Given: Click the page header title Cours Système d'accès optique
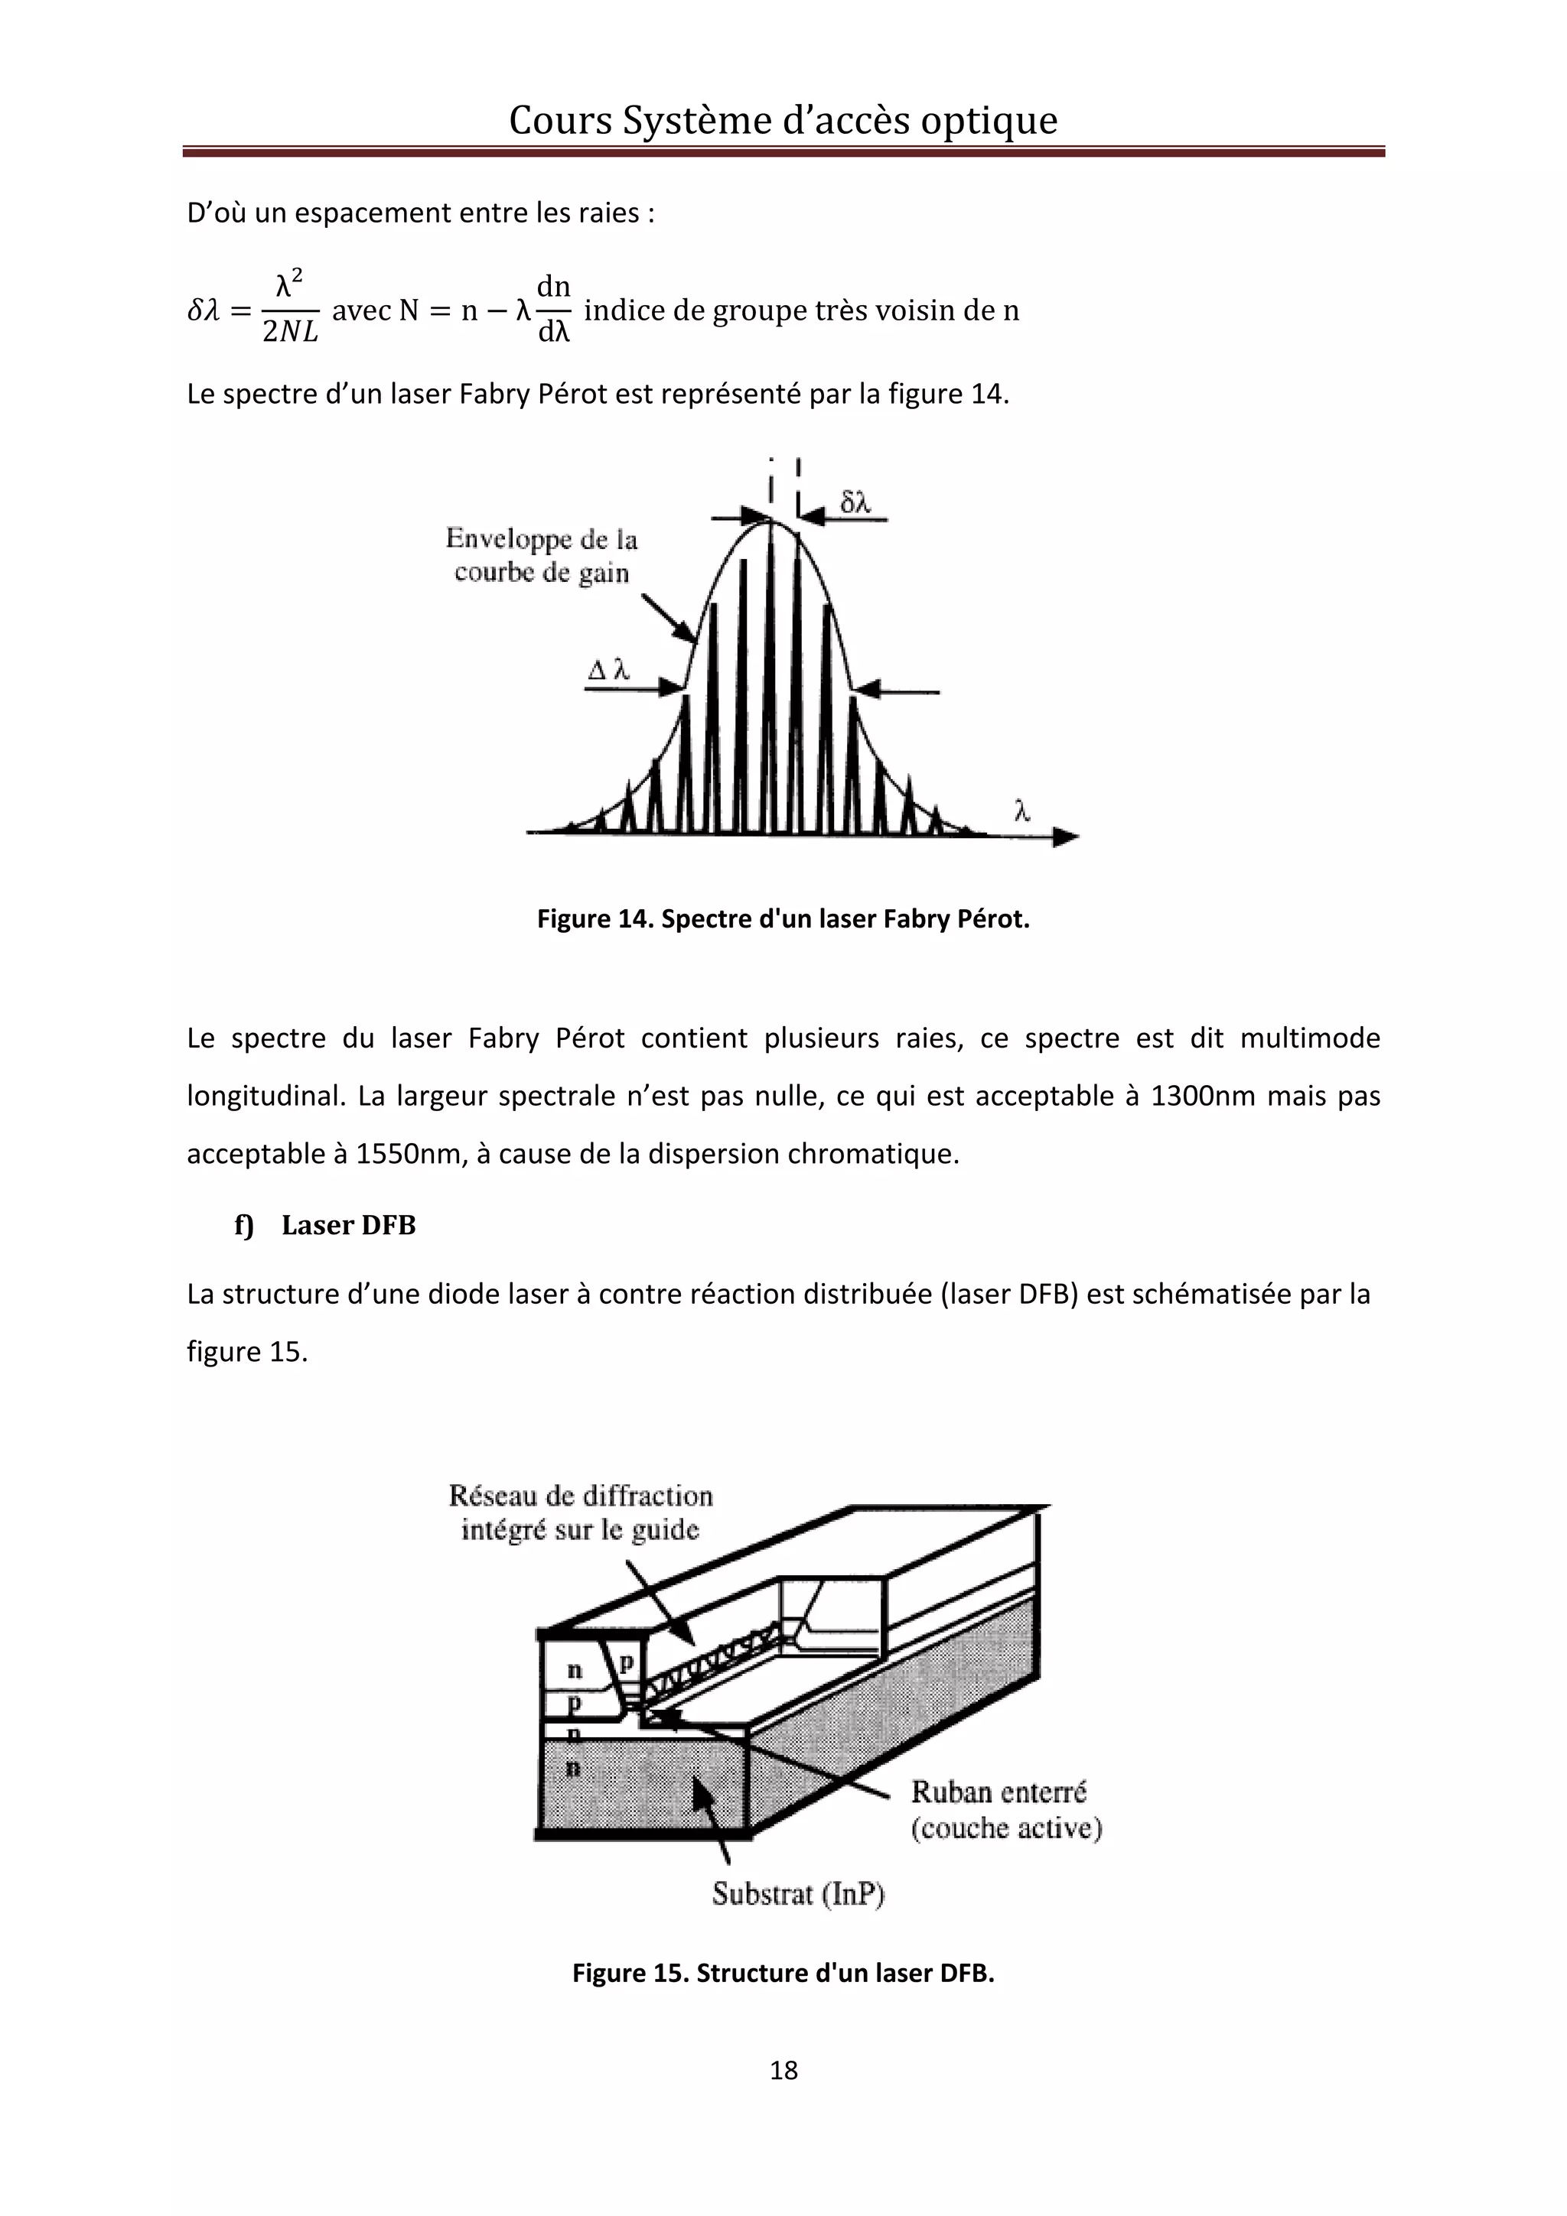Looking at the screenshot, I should (x=783, y=121).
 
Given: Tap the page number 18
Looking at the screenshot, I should (x=783, y=2069).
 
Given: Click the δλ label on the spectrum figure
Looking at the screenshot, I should (x=855, y=502).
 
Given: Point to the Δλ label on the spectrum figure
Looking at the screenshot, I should (x=609, y=669).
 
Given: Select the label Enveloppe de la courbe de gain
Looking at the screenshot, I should (x=541, y=556).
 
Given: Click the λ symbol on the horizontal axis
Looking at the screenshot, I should (x=1022, y=812).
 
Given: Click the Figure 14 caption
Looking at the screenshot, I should (x=783, y=919).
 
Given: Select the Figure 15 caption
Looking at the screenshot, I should (x=783, y=1973).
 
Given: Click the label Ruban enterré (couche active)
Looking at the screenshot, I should (x=1005, y=1810).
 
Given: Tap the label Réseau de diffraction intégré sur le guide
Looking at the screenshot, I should (x=580, y=1513).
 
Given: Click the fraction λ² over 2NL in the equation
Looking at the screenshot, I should (x=290, y=309).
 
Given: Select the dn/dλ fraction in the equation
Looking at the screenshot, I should (x=553, y=309).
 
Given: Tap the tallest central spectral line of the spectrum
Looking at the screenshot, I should (x=770, y=676).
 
